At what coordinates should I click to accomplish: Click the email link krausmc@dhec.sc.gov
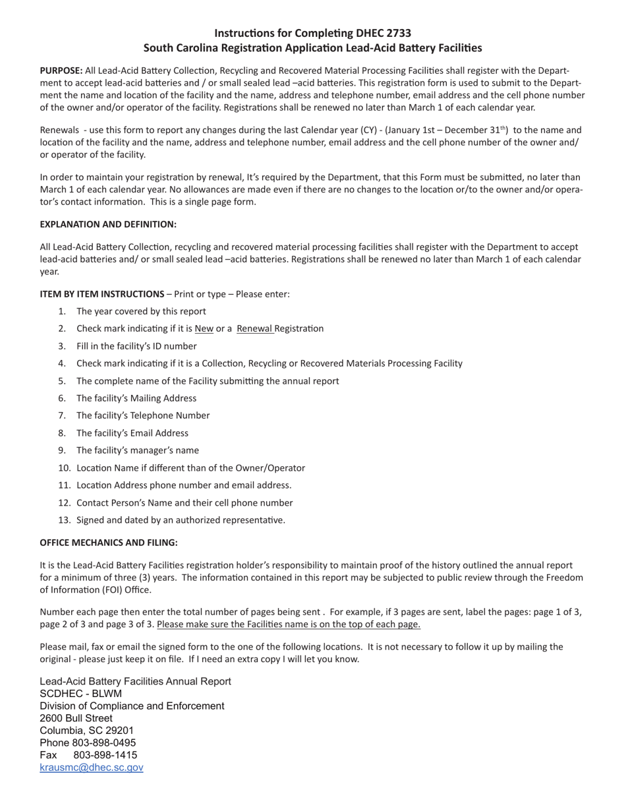tap(91, 767)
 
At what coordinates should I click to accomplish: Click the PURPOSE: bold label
tap(61, 70)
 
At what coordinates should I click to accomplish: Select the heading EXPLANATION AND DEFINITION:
tap(108, 224)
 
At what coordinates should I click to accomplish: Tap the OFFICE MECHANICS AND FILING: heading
tap(109, 543)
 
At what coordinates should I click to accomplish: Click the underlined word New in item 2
tap(204, 328)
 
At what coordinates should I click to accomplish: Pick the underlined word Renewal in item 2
tap(255, 328)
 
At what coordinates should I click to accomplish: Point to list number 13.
tap(64, 520)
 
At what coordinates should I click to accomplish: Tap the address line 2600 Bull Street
tap(76, 718)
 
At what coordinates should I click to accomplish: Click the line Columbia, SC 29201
tap(86, 731)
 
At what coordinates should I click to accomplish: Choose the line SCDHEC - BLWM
tap(80, 694)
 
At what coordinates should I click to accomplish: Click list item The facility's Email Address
tap(132, 433)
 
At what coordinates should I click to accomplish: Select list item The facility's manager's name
tap(137, 450)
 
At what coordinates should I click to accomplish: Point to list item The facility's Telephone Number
tap(143, 415)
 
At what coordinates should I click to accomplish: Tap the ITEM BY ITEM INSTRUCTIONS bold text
tap(102, 294)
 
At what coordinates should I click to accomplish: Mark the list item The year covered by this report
tap(141, 311)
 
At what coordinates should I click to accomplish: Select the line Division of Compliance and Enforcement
tap(132, 706)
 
